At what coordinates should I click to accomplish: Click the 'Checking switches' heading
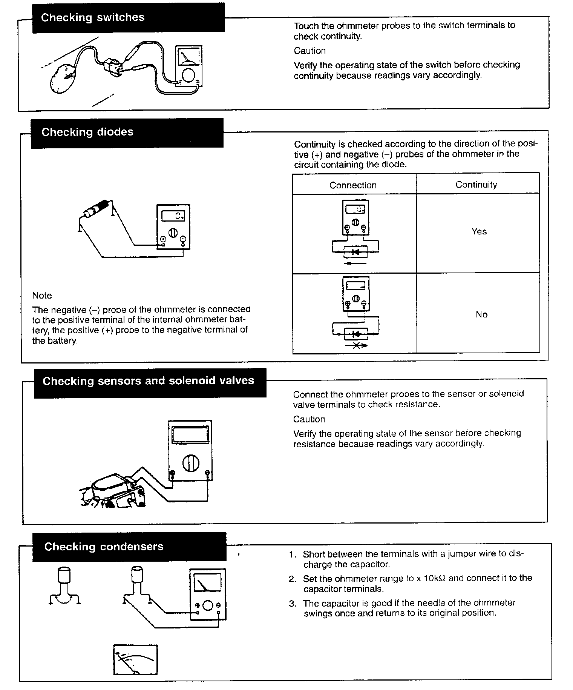pyautogui.click(x=93, y=17)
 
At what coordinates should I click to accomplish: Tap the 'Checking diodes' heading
pyautogui.click(x=87, y=132)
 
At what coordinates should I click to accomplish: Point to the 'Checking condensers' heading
pyautogui.click(x=104, y=547)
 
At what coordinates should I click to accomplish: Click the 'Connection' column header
pyautogui.click(x=353, y=185)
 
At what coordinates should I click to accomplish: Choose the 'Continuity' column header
pyautogui.click(x=476, y=185)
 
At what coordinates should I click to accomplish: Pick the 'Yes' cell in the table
pyautogui.click(x=479, y=231)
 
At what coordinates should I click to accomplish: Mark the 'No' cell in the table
pyautogui.click(x=481, y=314)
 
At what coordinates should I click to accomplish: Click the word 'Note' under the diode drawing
pyautogui.click(x=42, y=296)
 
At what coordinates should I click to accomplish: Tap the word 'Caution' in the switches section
pyautogui.click(x=309, y=51)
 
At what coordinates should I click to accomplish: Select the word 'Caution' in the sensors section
pyautogui.click(x=309, y=419)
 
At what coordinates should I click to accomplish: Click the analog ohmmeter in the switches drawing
pyautogui.click(x=188, y=66)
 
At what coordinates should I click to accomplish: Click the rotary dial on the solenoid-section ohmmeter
pyautogui.click(x=190, y=463)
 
